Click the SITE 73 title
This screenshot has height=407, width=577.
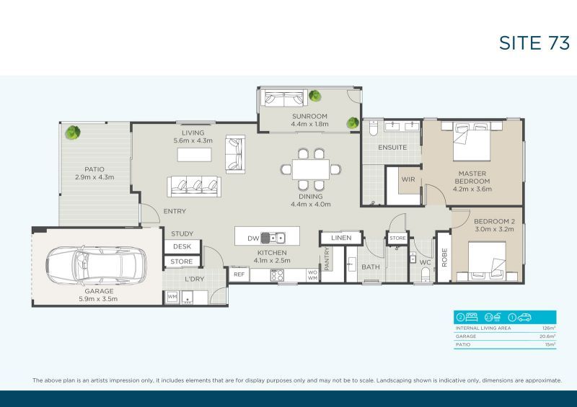[x=534, y=43]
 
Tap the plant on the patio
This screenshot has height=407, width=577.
[x=72, y=133]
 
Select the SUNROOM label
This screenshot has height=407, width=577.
[x=309, y=116]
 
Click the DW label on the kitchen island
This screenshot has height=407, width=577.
[x=252, y=238]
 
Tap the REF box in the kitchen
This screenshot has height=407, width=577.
[x=239, y=274]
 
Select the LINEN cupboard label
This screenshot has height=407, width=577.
[x=340, y=238]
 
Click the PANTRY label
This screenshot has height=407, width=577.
[x=327, y=259]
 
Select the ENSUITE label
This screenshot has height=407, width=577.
[x=393, y=148]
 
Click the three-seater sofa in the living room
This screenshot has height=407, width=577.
[x=194, y=187]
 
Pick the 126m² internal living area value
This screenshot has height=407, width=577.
[x=550, y=328]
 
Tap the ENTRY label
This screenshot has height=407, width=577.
[x=175, y=211]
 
